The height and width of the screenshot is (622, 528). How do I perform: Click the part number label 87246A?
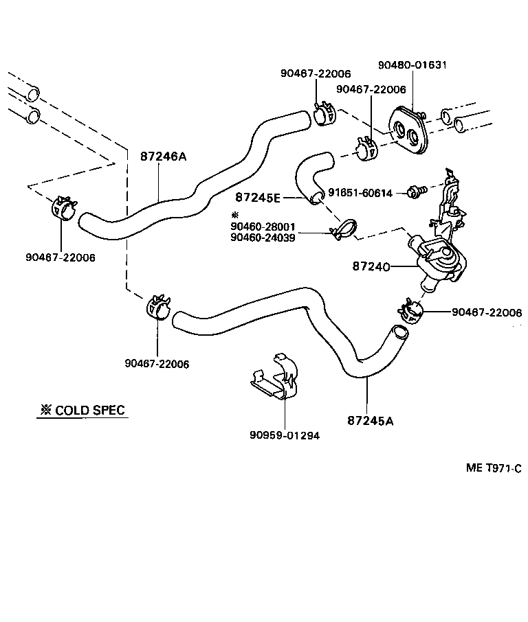[x=164, y=156]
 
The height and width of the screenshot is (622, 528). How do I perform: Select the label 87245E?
[x=258, y=198]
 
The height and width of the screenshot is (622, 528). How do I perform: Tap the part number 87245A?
[x=371, y=421]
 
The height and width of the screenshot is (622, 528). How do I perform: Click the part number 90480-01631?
[x=412, y=65]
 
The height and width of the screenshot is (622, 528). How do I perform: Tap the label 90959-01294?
[x=285, y=435]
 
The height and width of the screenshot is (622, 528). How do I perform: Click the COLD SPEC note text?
[x=82, y=411]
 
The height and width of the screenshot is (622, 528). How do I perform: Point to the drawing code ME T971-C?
[x=494, y=468]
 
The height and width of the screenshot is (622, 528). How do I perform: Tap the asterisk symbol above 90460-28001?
[x=235, y=215]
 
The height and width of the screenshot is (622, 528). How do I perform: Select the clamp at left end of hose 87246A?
[x=63, y=207]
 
